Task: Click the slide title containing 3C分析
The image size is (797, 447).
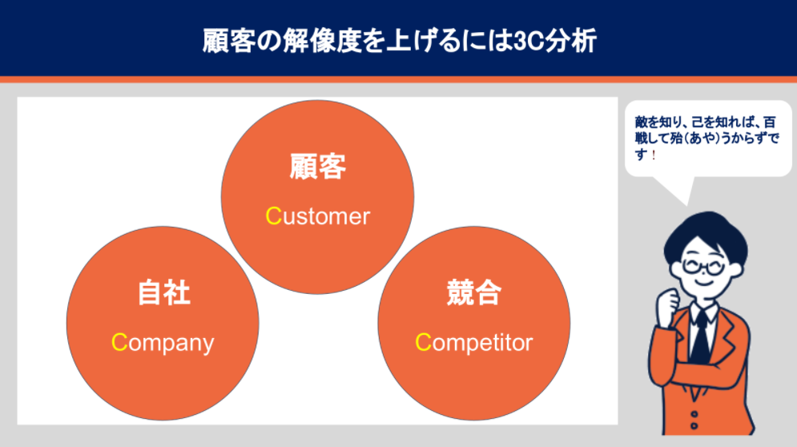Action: (x=399, y=41)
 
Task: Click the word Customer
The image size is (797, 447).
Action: (x=318, y=216)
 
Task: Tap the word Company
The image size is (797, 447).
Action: (x=163, y=343)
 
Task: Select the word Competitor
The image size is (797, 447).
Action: (x=473, y=342)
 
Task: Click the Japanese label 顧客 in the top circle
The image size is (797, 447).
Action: (x=318, y=167)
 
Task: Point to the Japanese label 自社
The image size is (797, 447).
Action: (x=163, y=292)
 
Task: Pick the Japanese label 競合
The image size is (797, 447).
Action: (x=473, y=292)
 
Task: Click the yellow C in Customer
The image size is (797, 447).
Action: (x=273, y=216)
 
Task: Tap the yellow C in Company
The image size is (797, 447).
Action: (x=119, y=342)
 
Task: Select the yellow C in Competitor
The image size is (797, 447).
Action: (x=424, y=342)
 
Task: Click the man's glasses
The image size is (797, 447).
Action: (x=704, y=266)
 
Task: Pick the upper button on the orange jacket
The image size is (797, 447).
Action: (x=694, y=414)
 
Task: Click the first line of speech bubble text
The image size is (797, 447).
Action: (x=706, y=122)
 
